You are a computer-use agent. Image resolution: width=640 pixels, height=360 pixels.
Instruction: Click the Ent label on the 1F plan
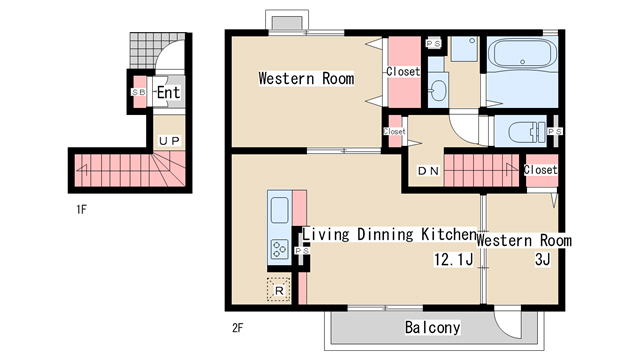168,92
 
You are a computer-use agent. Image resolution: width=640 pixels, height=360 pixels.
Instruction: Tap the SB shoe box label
139,92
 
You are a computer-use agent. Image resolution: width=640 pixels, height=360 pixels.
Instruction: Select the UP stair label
169,141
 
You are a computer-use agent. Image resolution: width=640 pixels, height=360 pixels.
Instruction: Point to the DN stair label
429,171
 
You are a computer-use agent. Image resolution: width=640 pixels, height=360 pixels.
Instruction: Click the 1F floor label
81,209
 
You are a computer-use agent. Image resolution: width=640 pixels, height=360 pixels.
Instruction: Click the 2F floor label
238,327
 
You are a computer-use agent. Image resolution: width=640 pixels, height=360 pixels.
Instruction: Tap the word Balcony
433,327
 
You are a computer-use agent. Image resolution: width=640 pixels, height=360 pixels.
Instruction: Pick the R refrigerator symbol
279,290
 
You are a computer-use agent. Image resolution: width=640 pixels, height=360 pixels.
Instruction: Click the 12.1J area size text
453,259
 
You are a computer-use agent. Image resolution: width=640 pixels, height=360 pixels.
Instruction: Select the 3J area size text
542,259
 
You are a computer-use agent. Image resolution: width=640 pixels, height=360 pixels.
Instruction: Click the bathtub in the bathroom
522,55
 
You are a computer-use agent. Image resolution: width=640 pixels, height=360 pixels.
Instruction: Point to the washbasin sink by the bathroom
438,90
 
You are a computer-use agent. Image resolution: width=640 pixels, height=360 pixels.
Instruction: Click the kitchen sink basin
280,210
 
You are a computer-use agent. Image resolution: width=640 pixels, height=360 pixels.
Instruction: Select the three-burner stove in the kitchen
280,249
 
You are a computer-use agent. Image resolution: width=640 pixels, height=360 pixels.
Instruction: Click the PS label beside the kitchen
302,250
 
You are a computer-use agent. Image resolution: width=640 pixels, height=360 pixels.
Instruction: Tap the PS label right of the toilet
555,131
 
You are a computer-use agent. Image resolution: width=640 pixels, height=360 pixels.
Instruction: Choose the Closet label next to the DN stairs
540,169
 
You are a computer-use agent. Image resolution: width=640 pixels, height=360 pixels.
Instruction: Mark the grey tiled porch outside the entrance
145,51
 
